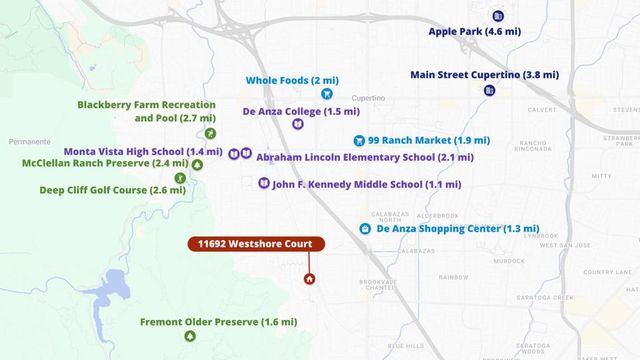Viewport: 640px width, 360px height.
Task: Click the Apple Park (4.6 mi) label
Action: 475,32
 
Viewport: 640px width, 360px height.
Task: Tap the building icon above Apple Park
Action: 498,15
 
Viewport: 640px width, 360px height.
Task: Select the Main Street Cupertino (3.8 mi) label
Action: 484,74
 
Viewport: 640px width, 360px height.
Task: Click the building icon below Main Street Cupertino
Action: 490,91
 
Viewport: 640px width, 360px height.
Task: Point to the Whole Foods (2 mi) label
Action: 291,80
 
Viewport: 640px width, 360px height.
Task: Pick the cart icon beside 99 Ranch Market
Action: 358,141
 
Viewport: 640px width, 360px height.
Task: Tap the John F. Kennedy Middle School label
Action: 366,184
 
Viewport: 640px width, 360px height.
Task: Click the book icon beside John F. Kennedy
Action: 263,184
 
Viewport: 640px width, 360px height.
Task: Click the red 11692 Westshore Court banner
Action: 255,244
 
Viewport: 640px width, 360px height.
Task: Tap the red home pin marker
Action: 309,277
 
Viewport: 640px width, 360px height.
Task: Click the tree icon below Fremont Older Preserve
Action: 189,337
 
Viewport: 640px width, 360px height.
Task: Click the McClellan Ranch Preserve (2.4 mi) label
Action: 105,163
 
